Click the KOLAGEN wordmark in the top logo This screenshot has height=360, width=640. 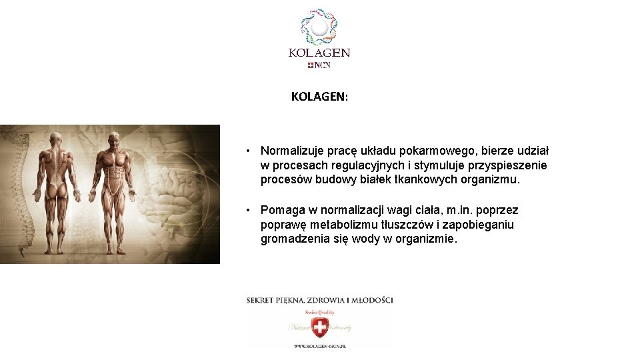click(319, 53)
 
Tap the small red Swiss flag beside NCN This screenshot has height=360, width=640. click(311, 65)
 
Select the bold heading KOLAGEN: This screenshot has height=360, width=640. click(319, 97)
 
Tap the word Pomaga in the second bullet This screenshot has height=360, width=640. click(281, 211)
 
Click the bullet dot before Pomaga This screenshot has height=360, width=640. click(248, 211)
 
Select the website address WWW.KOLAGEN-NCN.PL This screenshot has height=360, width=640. click(320, 346)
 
